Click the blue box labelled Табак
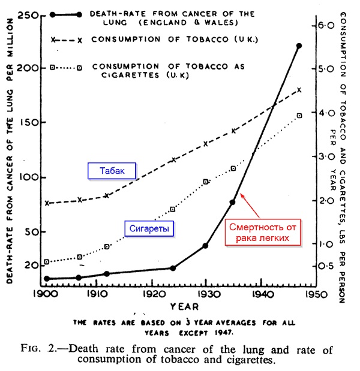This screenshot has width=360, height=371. (112, 170)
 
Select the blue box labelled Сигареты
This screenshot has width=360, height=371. (148, 228)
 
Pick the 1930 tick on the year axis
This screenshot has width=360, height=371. (206, 295)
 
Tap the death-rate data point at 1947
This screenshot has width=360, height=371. (299, 46)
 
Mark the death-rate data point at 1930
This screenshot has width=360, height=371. (205, 246)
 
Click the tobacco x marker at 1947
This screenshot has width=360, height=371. (299, 90)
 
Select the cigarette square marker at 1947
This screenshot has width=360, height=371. (299, 116)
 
